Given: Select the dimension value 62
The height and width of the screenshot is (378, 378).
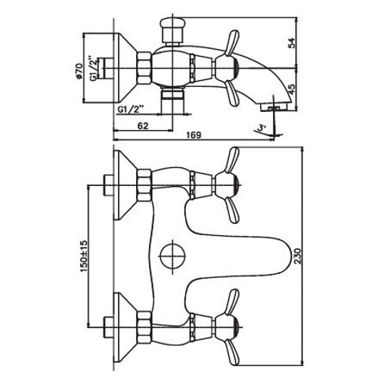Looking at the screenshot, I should pyautogui.click(x=143, y=125).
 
